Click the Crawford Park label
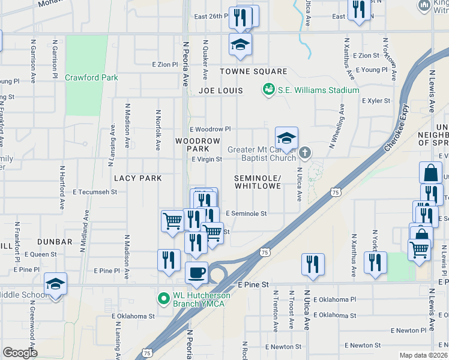(x=91, y=77)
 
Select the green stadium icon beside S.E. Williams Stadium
(x=268, y=89)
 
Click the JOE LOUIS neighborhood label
(x=221, y=91)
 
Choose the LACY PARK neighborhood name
(x=138, y=178)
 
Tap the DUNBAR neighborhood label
(x=55, y=242)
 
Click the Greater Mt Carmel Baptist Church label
(x=262, y=154)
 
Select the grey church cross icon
(x=306, y=153)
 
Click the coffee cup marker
(x=196, y=274)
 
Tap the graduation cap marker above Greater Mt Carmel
(x=286, y=139)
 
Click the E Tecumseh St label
(x=95, y=192)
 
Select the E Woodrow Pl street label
(x=210, y=129)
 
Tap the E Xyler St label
(x=376, y=101)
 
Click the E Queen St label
(x=40, y=254)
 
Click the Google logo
(x=20, y=353)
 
